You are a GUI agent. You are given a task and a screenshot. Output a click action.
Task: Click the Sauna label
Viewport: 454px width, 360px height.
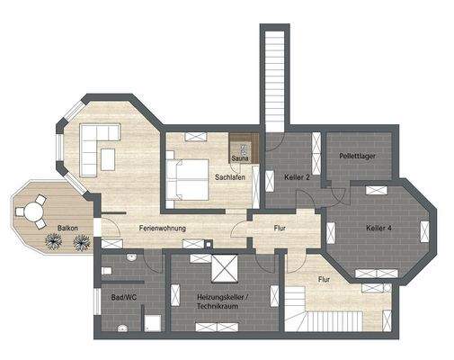point(240,158)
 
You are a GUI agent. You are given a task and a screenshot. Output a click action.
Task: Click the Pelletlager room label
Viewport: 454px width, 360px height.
point(356,156)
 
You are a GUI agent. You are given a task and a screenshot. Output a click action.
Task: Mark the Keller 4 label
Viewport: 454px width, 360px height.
point(379,229)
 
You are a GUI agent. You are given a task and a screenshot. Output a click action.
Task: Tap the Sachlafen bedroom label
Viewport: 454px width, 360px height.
point(231,177)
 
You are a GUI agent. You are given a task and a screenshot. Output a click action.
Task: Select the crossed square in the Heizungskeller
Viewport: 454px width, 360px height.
point(223,269)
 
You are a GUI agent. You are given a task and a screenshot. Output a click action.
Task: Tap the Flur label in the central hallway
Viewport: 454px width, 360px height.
point(280,229)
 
